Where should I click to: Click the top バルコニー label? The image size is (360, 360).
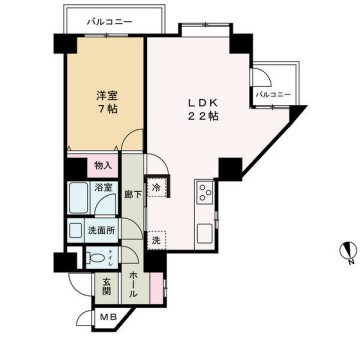coord(105,20)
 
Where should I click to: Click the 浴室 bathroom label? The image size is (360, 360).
coord(103,187)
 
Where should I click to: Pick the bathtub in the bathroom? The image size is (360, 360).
coord(80,198)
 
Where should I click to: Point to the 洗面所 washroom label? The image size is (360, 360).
coord(98,229)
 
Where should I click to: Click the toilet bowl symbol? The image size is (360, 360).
coord(92,257)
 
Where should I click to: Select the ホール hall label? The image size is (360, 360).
coord(134,283)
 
